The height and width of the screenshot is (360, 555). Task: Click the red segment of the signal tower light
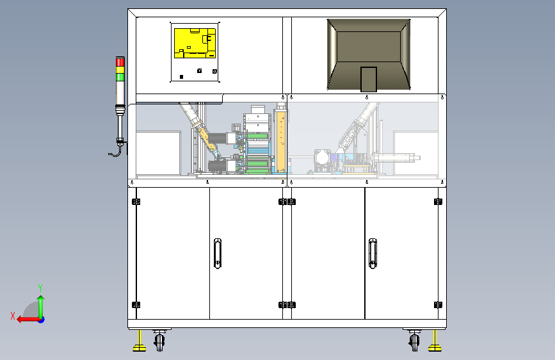click(120, 61)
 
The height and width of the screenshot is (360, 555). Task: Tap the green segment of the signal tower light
click(120, 76)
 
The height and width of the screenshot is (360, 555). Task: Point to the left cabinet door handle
click(218, 252)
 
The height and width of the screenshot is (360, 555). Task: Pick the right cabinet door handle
click(373, 252)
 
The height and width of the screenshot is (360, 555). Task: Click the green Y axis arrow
click(40, 304)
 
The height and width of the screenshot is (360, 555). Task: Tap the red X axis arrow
click(24, 318)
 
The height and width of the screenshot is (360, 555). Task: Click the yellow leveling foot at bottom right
click(435, 347)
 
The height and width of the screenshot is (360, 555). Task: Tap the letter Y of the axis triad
click(40, 288)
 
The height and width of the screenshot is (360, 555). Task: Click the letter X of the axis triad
click(12, 315)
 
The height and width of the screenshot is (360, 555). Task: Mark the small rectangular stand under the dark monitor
click(368, 79)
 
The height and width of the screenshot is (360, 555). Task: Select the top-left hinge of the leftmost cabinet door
click(135, 202)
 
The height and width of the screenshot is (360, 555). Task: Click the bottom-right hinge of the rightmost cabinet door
click(438, 304)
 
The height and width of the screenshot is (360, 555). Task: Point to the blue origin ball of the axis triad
click(41, 319)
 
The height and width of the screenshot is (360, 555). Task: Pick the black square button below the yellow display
click(181, 77)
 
